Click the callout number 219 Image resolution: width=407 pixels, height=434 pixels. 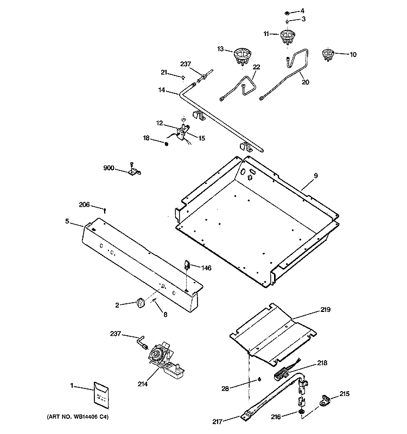(x=325, y=310)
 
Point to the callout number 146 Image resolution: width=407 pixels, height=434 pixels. (x=207, y=267)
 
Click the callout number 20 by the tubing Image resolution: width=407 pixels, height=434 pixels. (x=305, y=82)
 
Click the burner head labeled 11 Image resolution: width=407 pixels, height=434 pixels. (x=287, y=38)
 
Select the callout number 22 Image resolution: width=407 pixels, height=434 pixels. (x=256, y=67)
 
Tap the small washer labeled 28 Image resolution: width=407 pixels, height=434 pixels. (x=260, y=378)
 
